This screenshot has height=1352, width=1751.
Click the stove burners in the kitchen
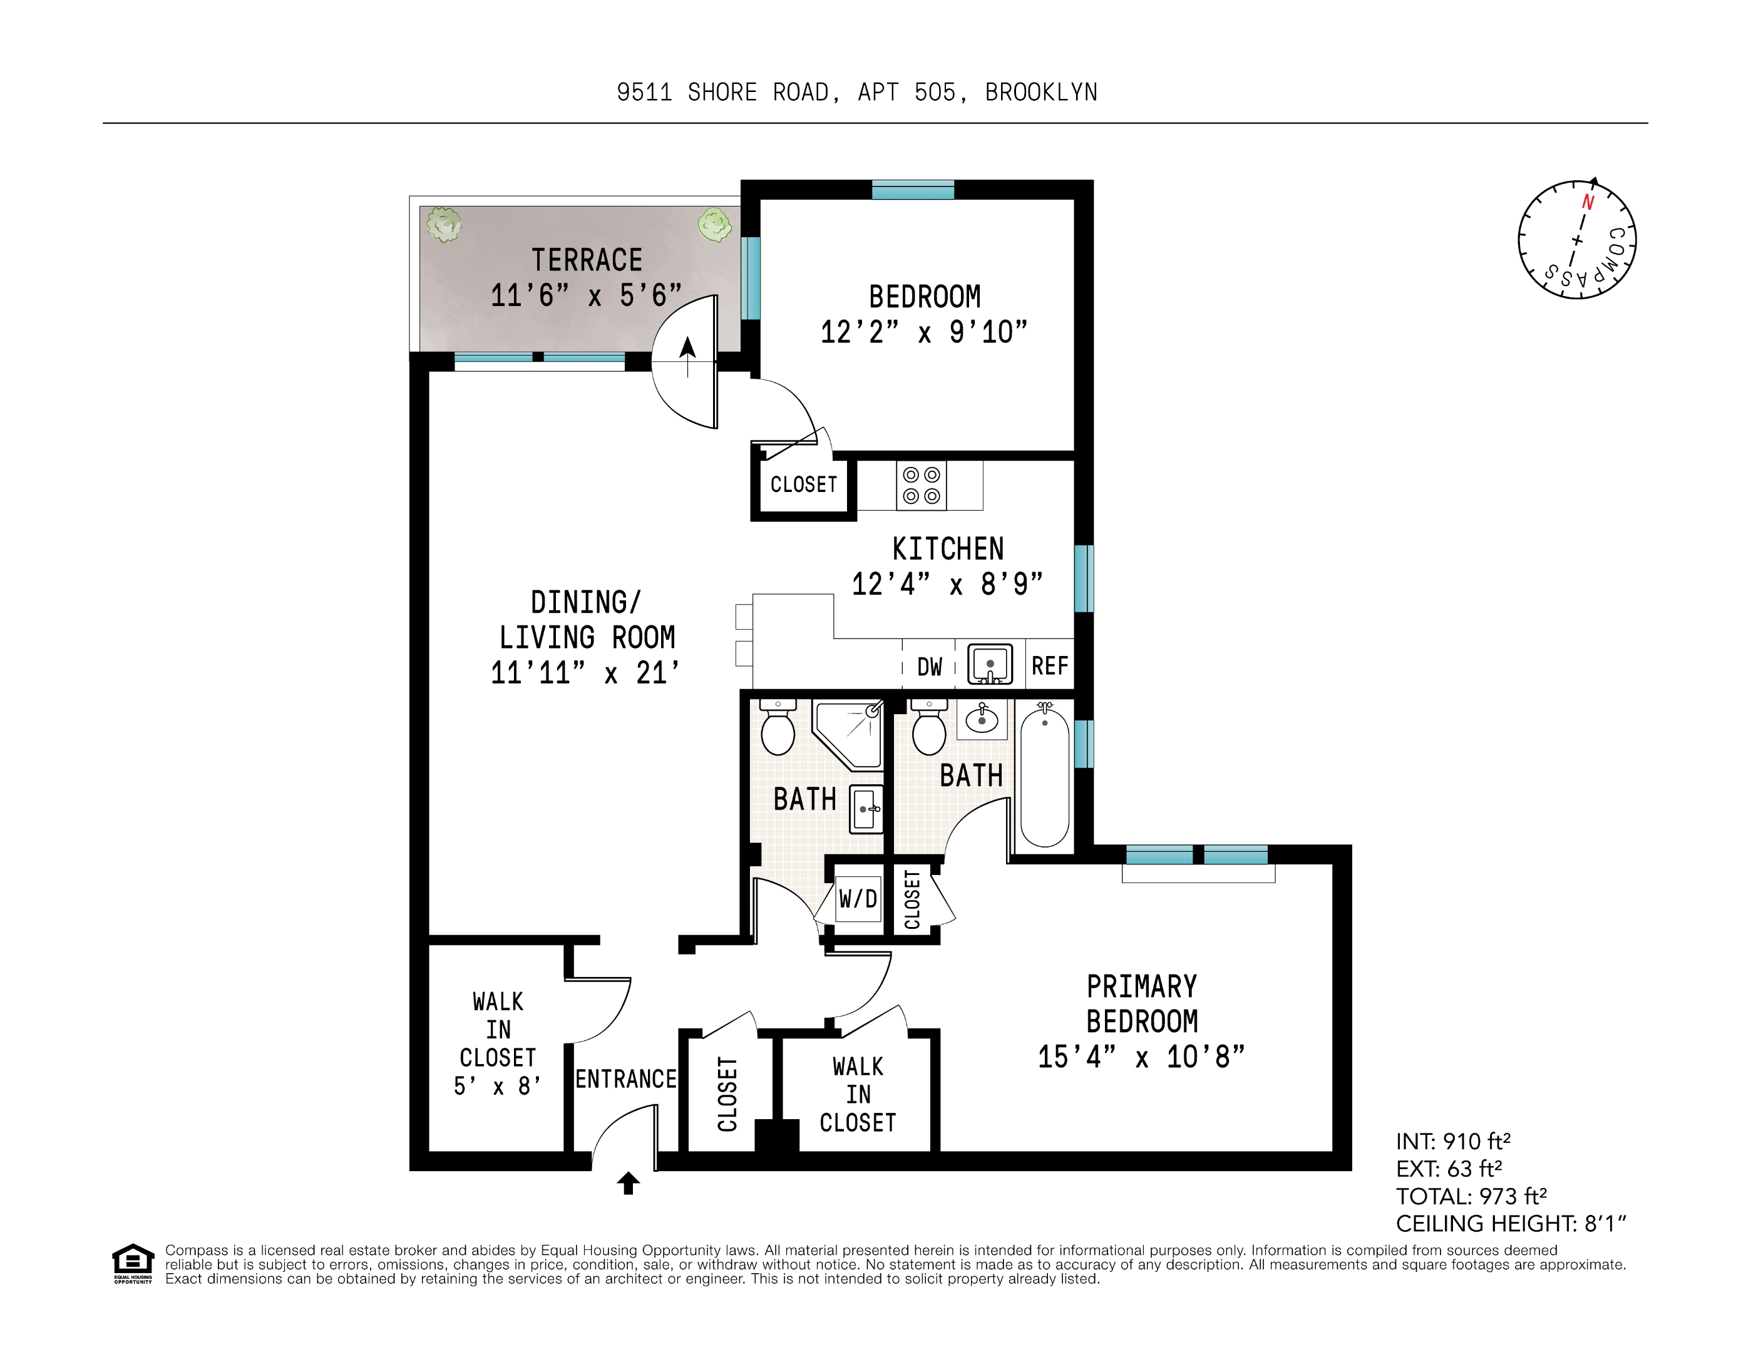pyautogui.click(x=921, y=486)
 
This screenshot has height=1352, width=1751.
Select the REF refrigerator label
pyautogui.click(x=1049, y=666)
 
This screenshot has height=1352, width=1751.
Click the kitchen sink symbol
pyautogui.click(x=989, y=664)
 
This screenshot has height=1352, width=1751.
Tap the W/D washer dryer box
pyautogui.click(x=858, y=898)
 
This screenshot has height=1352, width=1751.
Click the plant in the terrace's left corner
pyautogui.click(x=443, y=225)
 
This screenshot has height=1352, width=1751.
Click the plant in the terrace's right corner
pyautogui.click(x=714, y=225)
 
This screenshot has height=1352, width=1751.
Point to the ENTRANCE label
pyautogui.click(x=626, y=1078)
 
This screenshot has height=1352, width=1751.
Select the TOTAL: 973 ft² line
pyautogui.click(x=1471, y=1197)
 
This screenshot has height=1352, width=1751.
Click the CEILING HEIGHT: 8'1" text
pyautogui.click(x=1511, y=1224)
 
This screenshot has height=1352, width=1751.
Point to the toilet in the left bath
pyautogui.click(x=777, y=729)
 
